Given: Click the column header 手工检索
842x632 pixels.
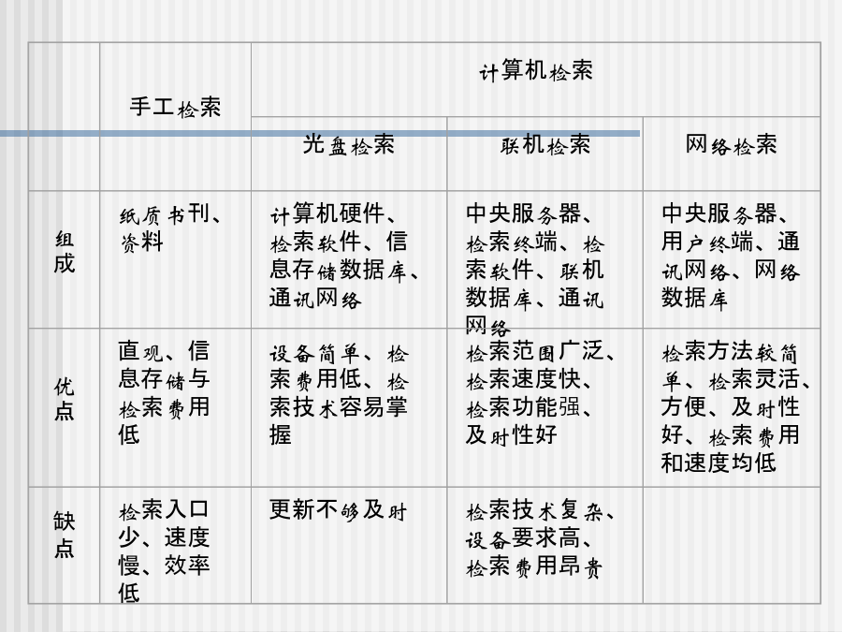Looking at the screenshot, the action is tap(175, 107).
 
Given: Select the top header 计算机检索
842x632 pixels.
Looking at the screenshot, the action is tap(536, 71).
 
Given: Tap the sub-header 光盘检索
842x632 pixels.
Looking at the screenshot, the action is tap(349, 144).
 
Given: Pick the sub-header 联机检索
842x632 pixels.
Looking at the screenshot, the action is tap(545, 144).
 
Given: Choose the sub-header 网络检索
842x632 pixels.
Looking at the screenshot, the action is tap(732, 144).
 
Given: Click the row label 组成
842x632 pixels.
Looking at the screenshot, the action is tap(64, 252).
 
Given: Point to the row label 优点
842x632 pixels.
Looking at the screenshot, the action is tap(64, 398).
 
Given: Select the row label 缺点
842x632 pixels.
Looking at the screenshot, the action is tap(64, 535).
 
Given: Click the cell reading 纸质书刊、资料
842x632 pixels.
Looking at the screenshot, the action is tap(169, 228).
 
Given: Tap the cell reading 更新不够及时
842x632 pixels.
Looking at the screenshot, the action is tap(338, 510).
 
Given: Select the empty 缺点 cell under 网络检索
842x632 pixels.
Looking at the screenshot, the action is tap(732, 545).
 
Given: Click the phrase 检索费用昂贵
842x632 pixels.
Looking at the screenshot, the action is tap(534, 566).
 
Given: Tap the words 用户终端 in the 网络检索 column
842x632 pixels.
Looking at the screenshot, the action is tap(708, 242).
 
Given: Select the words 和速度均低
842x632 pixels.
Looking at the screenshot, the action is tap(719, 463).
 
